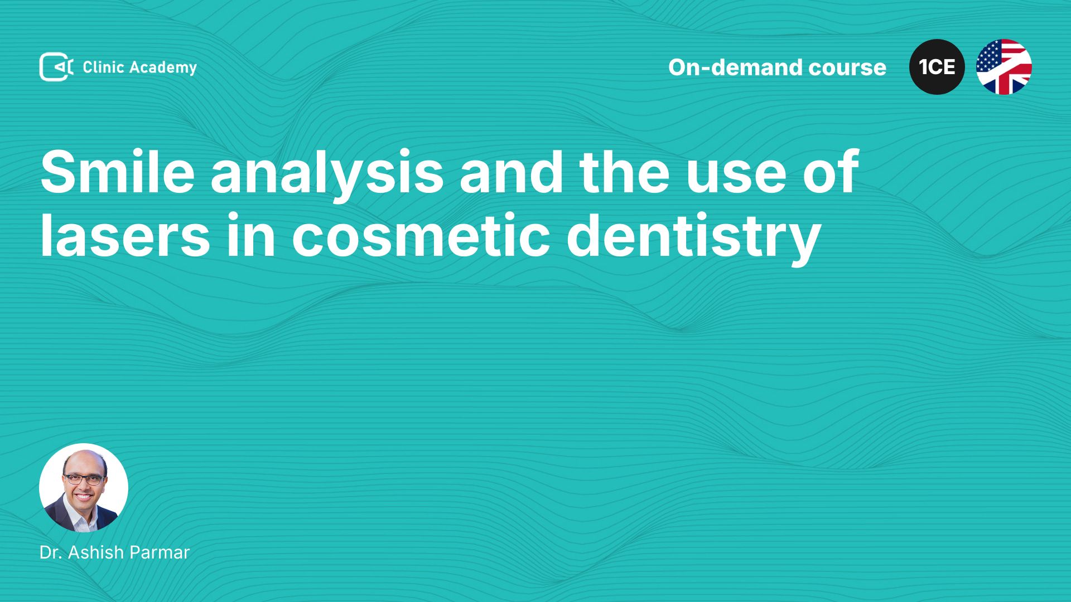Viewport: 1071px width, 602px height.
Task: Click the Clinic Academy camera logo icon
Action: (x=56, y=67)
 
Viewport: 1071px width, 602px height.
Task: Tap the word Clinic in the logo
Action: (x=103, y=67)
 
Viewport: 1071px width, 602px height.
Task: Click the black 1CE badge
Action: (x=937, y=67)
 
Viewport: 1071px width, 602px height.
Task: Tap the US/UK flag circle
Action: (x=1004, y=67)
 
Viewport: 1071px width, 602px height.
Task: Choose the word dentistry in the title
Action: (x=693, y=238)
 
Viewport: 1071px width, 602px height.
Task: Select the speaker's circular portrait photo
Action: (x=84, y=488)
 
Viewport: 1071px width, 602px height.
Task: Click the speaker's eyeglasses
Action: (x=84, y=479)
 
